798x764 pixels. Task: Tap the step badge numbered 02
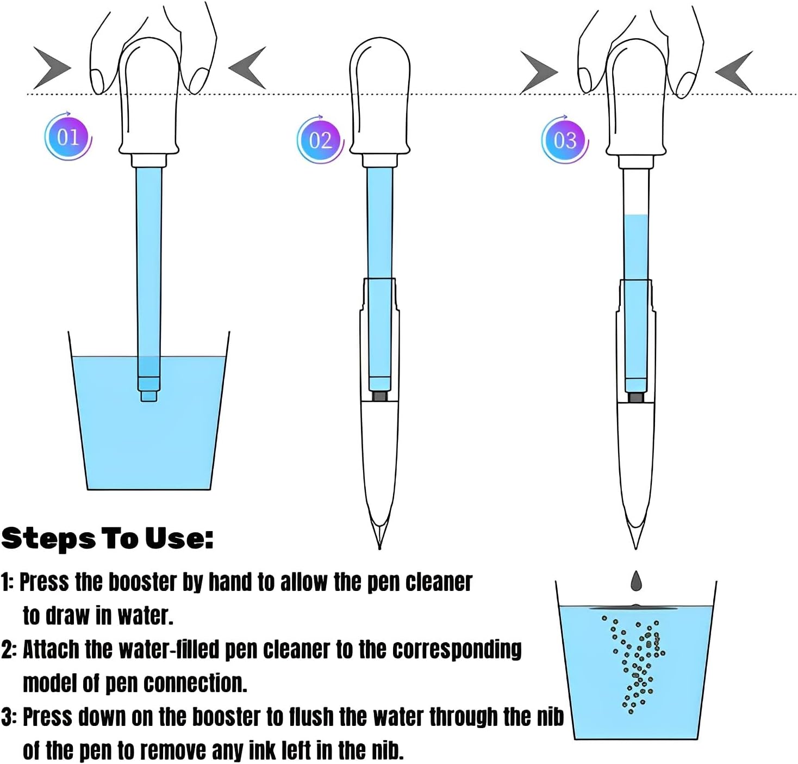click(x=320, y=140)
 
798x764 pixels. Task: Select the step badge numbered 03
click(x=565, y=140)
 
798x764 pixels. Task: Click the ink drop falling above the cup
click(x=636, y=581)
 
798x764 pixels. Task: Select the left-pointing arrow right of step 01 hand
click(x=247, y=67)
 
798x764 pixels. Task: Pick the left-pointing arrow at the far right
click(x=734, y=72)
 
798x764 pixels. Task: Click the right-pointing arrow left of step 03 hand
click(x=539, y=72)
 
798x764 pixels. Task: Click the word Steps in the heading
click(x=48, y=539)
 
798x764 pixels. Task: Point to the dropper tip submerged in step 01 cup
click(x=148, y=396)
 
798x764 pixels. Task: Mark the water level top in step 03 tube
click(x=636, y=215)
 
